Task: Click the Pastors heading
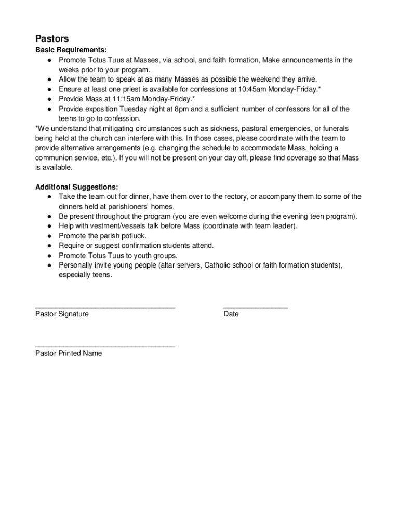pyautogui.click(x=52, y=39)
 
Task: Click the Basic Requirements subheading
pyautogui.click(x=71, y=50)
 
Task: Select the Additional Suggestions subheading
pyautogui.click(x=76, y=187)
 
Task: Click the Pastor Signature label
pyautogui.click(x=62, y=314)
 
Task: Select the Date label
pyautogui.click(x=231, y=314)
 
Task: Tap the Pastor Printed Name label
pyautogui.click(x=69, y=354)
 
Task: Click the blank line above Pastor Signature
pyautogui.click(x=105, y=308)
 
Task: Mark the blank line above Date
pyautogui.click(x=255, y=308)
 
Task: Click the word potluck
pyautogui.click(x=134, y=236)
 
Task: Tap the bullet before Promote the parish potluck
pyautogui.click(x=48, y=236)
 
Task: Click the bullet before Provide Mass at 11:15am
pyautogui.click(x=48, y=99)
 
